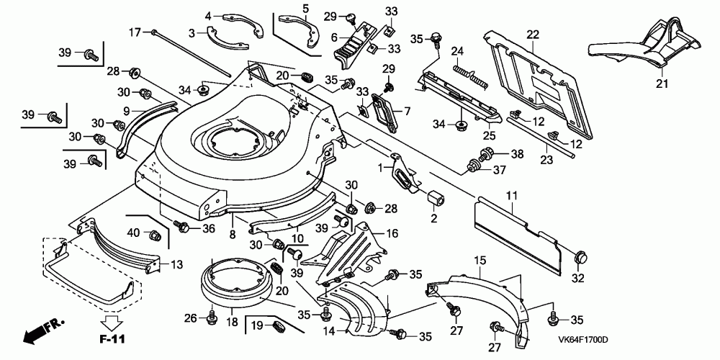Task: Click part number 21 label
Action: [662, 84]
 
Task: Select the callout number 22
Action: [532, 35]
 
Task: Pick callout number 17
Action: [134, 32]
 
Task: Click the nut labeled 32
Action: [581, 256]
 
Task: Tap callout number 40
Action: [134, 232]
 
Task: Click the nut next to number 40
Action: [154, 235]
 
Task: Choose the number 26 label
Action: [190, 317]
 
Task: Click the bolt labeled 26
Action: [212, 315]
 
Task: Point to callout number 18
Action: [233, 323]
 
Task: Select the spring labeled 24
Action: [469, 75]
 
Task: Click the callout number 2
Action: [434, 217]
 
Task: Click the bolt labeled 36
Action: [183, 227]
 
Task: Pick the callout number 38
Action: [516, 153]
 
